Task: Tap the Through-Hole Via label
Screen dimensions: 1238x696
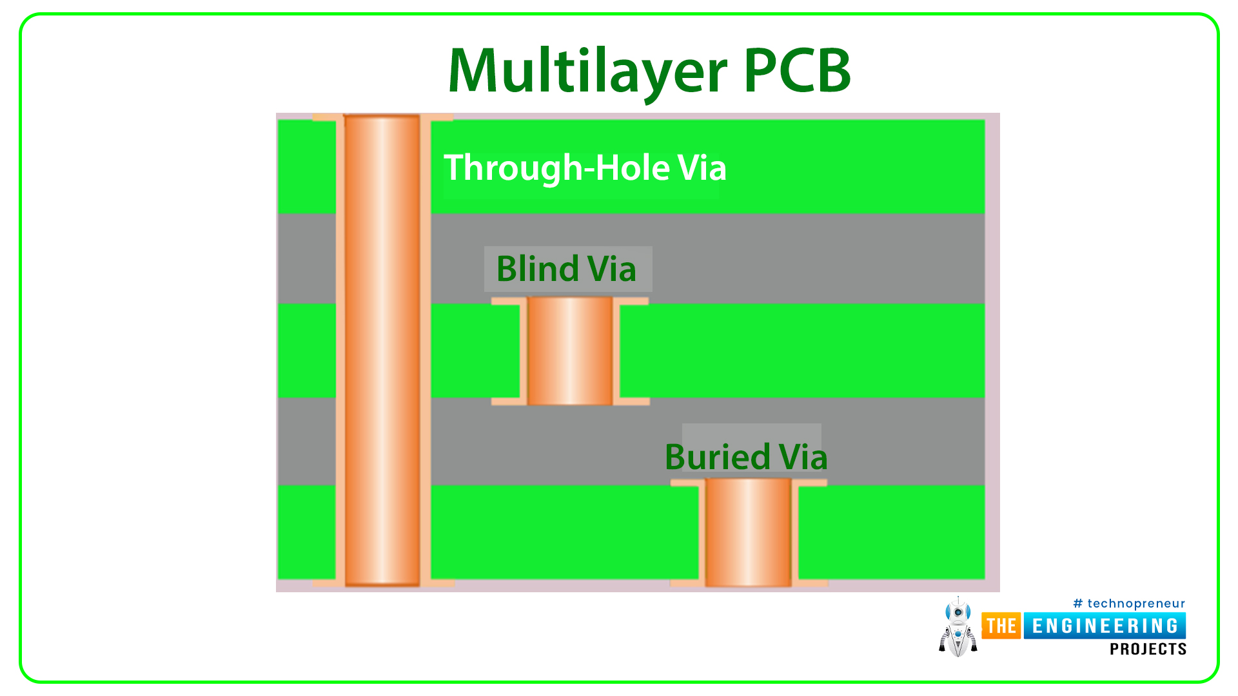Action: point(585,168)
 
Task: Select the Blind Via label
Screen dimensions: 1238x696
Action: point(566,269)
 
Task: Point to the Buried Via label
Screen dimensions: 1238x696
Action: point(746,457)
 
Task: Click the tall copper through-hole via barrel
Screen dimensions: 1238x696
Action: point(382,351)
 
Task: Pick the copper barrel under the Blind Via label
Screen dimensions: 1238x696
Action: point(570,351)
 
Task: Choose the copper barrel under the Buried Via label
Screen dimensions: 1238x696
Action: point(748,532)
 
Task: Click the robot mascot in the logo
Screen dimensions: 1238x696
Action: point(958,627)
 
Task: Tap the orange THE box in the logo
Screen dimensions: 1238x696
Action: point(1001,626)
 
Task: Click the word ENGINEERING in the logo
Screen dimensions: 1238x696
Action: point(1105,626)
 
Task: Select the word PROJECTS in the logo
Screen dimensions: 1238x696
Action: point(1148,649)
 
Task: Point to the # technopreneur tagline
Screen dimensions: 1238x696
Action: point(1129,604)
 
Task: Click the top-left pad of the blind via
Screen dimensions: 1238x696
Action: point(509,301)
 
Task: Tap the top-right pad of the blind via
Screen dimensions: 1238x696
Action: point(631,301)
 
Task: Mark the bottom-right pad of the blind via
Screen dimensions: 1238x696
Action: point(631,401)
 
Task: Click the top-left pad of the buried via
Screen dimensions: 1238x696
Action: point(688,483)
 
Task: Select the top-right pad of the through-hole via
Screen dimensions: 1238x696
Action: point(437,118)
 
